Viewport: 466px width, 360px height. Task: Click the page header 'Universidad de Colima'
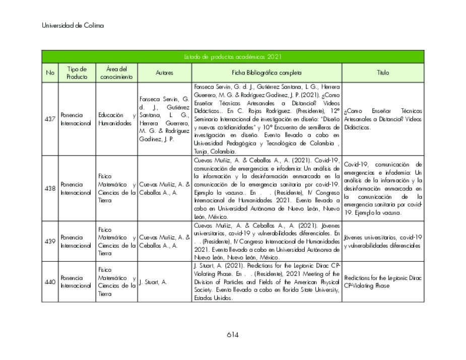pos(73,26)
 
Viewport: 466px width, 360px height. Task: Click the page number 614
pos(232,335)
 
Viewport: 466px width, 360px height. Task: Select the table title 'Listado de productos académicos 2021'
pos(232,57)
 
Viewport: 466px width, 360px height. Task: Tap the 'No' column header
pos(50,73)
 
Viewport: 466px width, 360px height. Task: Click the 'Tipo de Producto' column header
pos(77,73)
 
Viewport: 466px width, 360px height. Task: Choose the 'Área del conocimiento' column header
pos(116,73)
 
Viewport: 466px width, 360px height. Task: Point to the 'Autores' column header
pos(164,73)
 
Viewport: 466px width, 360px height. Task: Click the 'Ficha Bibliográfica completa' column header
pos(267,73)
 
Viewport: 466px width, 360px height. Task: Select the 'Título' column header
pos(383,73)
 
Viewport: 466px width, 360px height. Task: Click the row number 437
pos(50,119)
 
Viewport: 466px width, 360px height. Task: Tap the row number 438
pos(50,188)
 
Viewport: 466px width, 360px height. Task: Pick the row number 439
pos(50,241)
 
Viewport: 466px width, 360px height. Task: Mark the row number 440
pos(50,282)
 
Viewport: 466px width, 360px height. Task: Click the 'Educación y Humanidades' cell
pos(116,119)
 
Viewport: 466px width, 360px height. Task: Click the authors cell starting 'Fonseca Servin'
pos(164,119)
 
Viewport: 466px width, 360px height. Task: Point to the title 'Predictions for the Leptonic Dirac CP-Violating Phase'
pos(383,282)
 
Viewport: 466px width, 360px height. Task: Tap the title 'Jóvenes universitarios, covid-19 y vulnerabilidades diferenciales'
pos(383,241)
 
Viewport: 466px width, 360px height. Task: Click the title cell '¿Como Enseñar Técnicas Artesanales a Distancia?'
pos(383,119)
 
